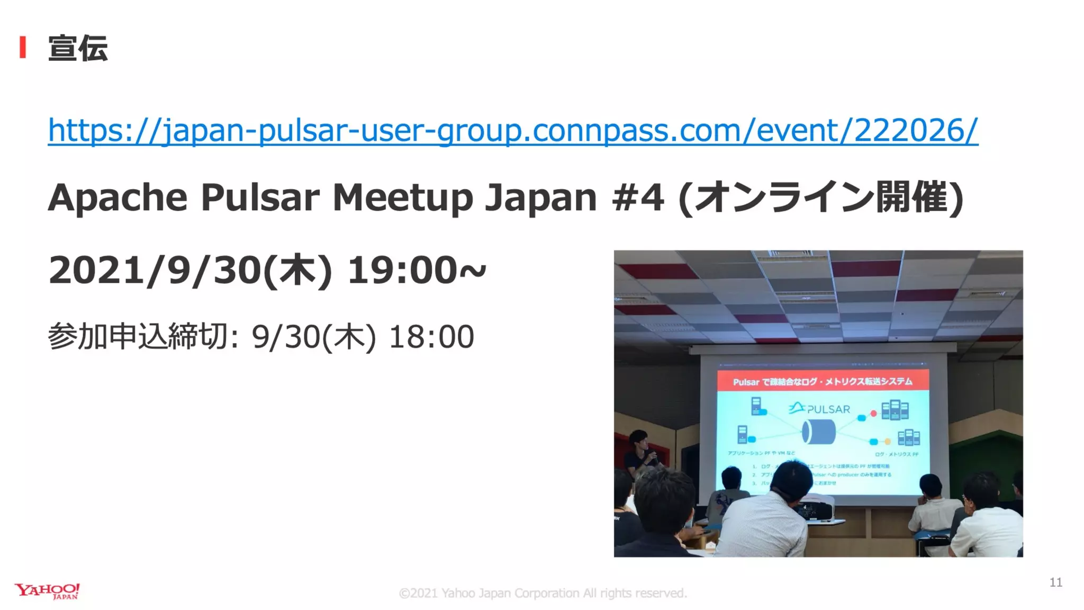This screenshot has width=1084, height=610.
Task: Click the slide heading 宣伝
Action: click(78, 48)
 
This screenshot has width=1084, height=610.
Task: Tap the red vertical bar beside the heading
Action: click(23, 47)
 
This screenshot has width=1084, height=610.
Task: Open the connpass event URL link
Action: click(512, 130)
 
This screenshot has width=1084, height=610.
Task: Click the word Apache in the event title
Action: click(118, 198)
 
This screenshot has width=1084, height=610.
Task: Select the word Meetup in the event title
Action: click(402, 198)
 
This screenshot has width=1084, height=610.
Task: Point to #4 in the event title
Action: click(637, 198)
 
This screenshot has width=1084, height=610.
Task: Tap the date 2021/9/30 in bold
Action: click(153, 271)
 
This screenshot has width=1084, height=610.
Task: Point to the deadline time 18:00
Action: click(431, 337)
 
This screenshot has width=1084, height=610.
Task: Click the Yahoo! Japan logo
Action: click(47, 591)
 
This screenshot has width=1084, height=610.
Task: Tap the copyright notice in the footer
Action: click(543, 593)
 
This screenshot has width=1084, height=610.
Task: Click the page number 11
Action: click(1055, 582)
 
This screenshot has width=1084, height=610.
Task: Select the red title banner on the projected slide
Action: click(823, 381)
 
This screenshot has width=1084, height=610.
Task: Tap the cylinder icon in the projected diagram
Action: click(819, 432)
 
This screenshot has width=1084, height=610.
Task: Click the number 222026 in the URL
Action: click(909, 130)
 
